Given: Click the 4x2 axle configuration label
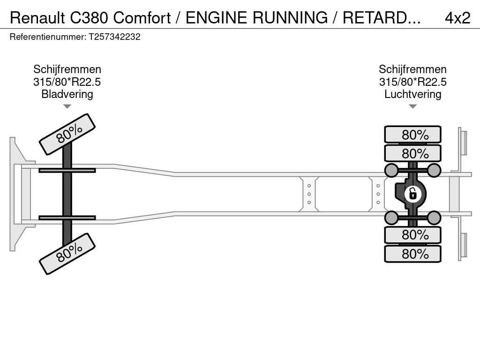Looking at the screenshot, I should point(457,18).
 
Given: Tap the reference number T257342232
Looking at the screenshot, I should point(114,37).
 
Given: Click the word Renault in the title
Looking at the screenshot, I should point(38,18).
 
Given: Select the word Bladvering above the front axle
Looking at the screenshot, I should point(67,94).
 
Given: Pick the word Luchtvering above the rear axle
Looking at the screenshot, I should point(412,94).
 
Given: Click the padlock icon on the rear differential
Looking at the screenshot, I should point(412,194).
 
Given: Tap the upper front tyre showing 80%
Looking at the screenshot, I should point(67,134).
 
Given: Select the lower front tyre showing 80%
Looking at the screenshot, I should point(67,254).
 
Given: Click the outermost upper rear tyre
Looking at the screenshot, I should point(412,135).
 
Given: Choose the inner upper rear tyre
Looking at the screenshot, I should point(412,153).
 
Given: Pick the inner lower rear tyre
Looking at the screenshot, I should point(412,234).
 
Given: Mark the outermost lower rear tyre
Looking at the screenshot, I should point(412,254).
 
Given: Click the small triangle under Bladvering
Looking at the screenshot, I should point(67,106).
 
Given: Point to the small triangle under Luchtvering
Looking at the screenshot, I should point(412,106).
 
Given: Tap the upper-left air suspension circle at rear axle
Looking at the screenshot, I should point(391,170).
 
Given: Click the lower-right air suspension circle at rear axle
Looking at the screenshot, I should point(434,217).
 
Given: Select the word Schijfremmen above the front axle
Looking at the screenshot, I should point(67,69).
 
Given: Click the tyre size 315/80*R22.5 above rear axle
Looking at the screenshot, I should point(412,82).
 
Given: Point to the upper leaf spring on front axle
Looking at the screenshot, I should point(67,170).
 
